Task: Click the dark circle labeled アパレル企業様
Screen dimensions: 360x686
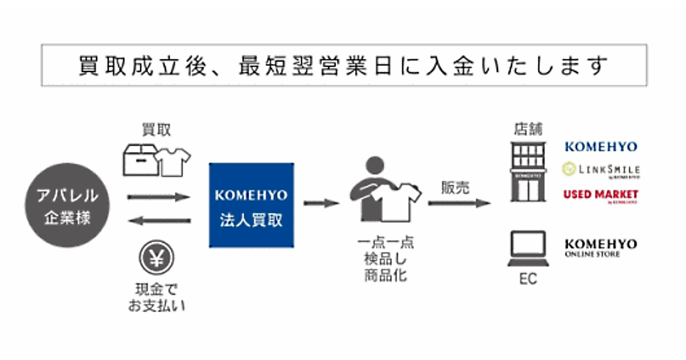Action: [64, 205]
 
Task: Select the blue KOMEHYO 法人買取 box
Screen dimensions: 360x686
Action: [252, 205]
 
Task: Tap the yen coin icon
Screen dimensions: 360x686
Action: [156, 258]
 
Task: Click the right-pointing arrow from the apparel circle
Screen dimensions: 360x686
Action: [158, 197]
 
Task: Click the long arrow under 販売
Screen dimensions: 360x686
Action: [460, 202]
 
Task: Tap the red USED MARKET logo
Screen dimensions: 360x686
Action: [600, 195]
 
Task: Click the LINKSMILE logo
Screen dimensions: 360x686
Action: [600, 170]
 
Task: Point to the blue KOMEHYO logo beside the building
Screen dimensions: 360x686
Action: [600, 147]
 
